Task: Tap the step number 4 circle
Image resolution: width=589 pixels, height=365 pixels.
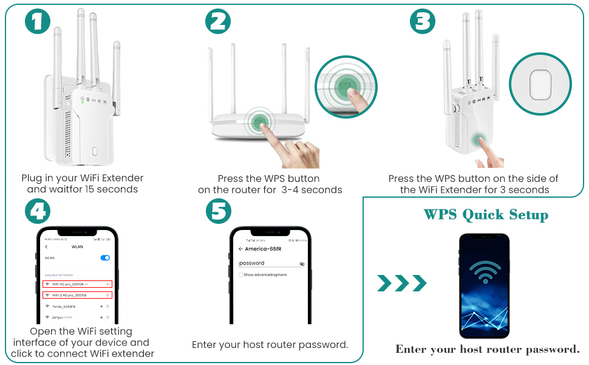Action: click(38, 212)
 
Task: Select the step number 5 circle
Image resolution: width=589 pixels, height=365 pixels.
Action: click(219, 212)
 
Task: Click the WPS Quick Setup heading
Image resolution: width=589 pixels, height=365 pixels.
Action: click(486, 215)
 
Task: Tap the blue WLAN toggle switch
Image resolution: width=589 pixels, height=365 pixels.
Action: click(105, 258)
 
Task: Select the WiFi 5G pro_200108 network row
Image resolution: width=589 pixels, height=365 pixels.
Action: click(77, 284)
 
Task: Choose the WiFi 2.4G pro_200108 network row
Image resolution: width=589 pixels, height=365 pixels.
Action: click(77, 295)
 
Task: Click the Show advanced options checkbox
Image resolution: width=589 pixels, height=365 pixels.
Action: click(241, 275)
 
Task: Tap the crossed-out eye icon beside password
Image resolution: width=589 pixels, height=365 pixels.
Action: click(302, 264)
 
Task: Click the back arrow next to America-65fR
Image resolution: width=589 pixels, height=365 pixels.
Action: click(240, 249)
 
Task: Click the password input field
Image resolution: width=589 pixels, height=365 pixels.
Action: click(267, 263)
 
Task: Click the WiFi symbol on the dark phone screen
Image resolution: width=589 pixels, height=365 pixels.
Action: click(484, 272)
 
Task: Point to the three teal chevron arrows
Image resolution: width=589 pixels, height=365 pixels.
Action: click(401, 283)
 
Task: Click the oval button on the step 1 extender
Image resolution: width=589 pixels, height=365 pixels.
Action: click(94, 151)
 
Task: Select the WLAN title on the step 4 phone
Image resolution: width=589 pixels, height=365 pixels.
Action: click(77, 246)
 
